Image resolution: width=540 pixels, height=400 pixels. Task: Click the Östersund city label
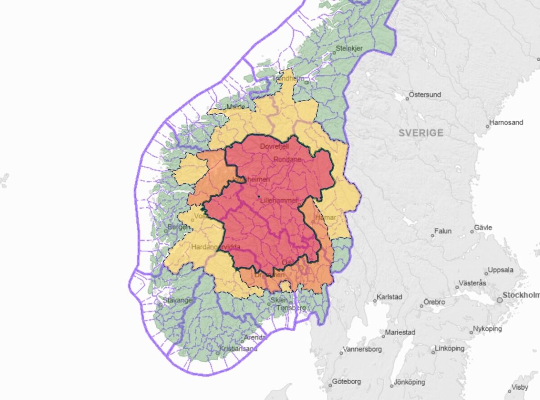click(425, 95)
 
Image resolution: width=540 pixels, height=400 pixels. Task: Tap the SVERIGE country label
click(421, 133)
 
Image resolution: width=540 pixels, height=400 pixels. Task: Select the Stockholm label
click(521, 295)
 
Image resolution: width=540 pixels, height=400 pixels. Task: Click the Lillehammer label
click(279, 201)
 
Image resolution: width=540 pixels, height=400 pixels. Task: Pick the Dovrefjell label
click(274, 147)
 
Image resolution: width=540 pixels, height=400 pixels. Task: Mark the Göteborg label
click(347, 382)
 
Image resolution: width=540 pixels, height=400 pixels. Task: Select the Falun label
click(443, 231)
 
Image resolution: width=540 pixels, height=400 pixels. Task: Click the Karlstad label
click(390, 297)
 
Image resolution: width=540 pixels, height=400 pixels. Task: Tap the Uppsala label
click(501, 271)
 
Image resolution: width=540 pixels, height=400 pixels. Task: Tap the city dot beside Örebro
click(422, 306)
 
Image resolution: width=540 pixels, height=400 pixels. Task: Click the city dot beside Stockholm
click(499, 300)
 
